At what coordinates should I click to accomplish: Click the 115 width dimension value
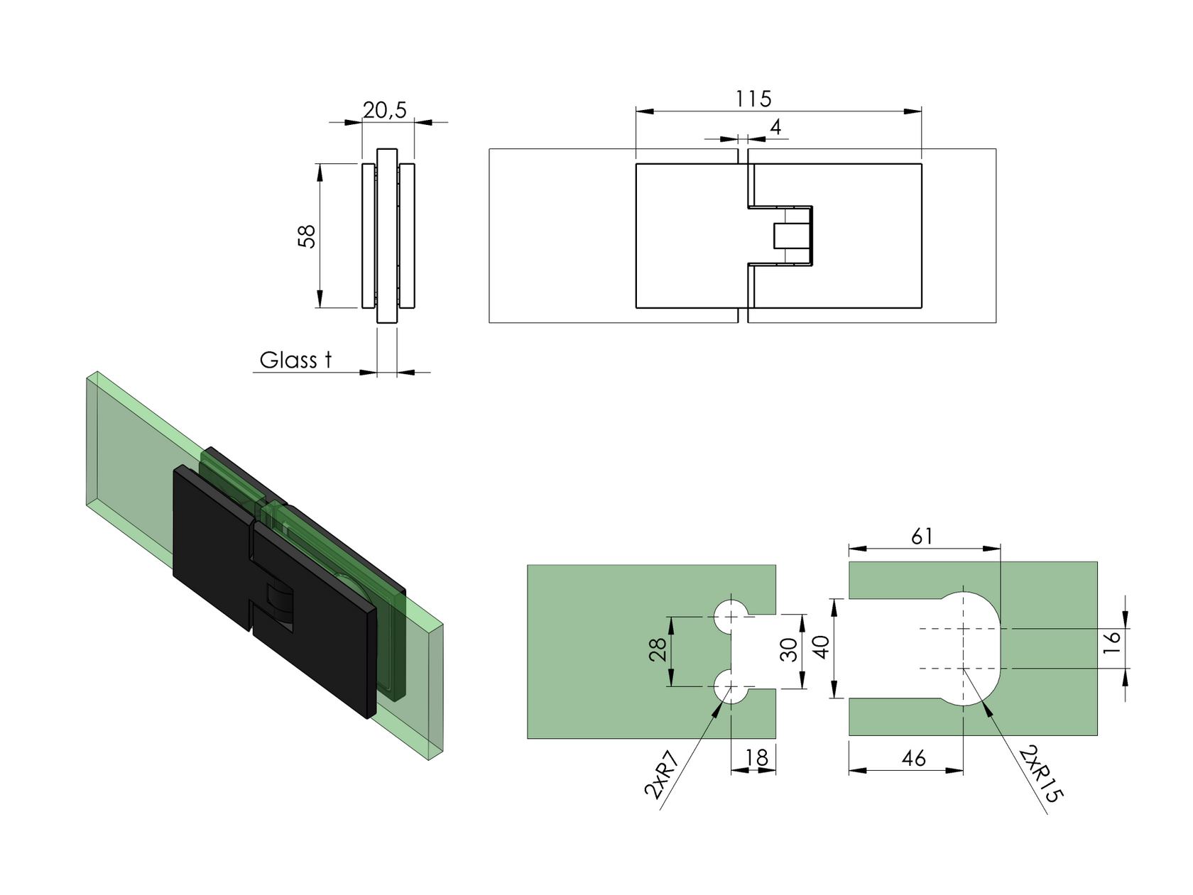tap(753, 99)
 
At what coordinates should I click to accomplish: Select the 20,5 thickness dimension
tap(384, 110)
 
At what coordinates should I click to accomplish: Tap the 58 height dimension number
tap(307, 236)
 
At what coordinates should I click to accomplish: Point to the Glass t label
tap(295, 360)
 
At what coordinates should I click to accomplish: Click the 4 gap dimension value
tap(775, 127)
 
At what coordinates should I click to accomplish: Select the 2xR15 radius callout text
tap(1041, 774)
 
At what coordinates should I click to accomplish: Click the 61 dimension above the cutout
tap(921, 537)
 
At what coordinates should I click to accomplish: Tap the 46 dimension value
tap(913, 759)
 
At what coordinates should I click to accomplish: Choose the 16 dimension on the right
tap(1113, 637)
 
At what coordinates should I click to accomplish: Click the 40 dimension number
tap(821, 647)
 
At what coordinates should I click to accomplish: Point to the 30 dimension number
tap(788, 649)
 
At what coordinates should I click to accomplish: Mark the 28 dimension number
tap(658, 649)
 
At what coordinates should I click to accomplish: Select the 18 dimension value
tap(757, 759)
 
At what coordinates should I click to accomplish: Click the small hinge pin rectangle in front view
tap(784, 236)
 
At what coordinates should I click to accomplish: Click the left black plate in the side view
tap(368, 236)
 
